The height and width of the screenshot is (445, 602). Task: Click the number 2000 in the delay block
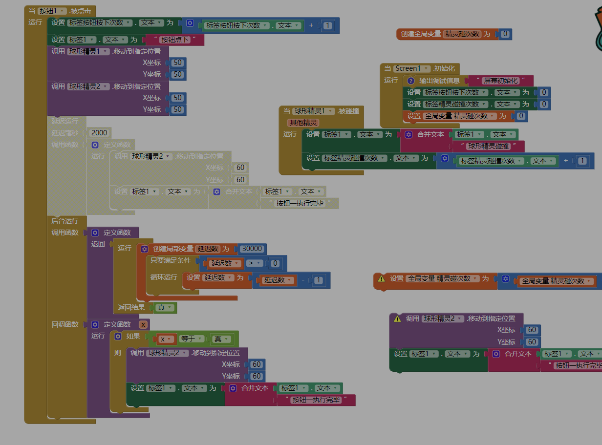click(99, 132)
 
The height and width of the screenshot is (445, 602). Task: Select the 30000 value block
click(252, 249)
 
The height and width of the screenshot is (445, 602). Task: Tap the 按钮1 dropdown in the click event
click(52, 11)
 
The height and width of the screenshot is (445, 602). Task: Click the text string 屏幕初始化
click(500, 81)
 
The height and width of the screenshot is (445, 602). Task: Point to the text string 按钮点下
click(175, 40)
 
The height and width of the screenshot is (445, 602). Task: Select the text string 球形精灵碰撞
click(488, 146)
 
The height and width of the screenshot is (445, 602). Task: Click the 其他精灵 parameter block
click(304, 123)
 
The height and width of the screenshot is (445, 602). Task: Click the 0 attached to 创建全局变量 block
click(505, 34)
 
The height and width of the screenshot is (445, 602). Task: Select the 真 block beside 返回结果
click(165, 308)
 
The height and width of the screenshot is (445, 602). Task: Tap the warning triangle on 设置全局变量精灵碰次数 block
click(381, 279)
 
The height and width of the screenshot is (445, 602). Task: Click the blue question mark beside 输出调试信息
click(411, 81)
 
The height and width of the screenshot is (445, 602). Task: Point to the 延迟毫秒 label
click(65, 132)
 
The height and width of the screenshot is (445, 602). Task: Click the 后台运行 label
click(65, 221)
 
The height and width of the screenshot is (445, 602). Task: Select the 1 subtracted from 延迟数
click(319, 280)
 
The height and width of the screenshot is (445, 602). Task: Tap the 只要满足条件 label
click(171, 260)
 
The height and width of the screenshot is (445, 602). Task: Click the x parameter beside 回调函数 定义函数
click(143, 324)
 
